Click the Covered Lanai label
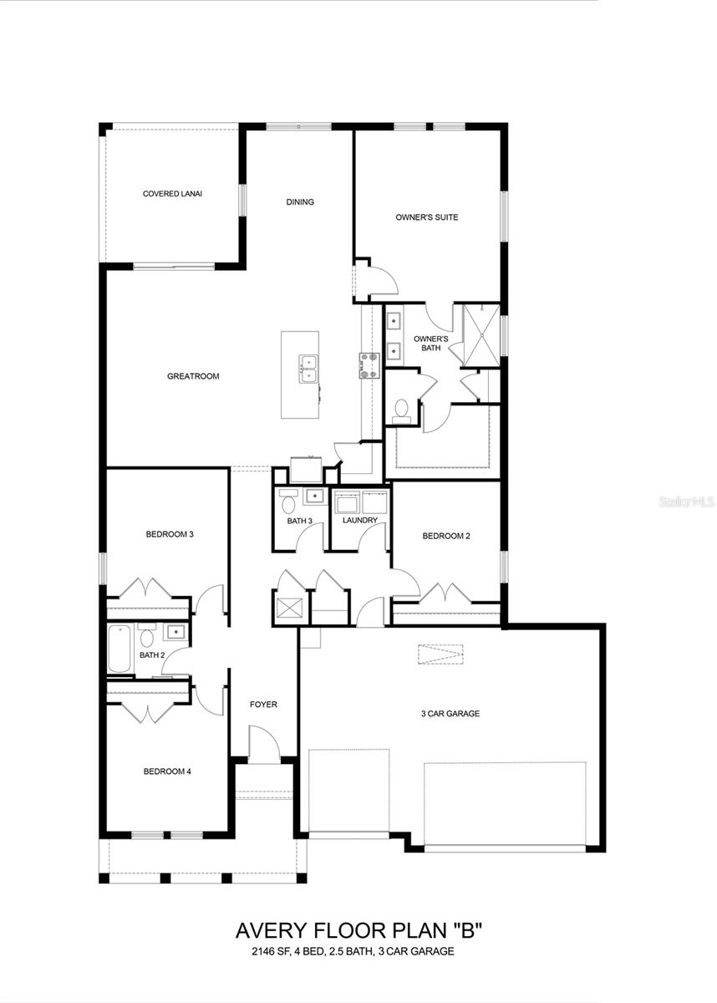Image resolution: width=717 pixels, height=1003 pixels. (x=172, y=193)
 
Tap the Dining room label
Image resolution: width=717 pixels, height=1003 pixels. (x=300, y=201)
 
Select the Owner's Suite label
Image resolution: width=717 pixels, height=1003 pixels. (x=426, y=217)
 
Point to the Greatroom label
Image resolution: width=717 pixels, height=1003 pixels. (x=193, y=376)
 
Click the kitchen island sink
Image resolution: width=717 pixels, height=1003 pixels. (x=308, y=367)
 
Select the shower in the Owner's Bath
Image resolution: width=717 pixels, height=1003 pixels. (x=481, y=335)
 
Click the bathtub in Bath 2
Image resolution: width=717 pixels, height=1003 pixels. (x=119, y=648)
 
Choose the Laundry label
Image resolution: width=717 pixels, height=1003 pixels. (x=360, y=520)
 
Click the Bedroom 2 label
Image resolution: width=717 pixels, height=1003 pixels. (x=445, y=536)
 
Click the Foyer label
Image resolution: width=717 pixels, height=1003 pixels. (x=263, y=705)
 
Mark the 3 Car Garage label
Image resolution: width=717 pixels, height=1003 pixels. (x=450, y=714)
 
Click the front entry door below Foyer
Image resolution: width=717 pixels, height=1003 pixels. (x=264, y=746)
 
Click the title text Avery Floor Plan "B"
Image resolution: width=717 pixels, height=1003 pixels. (x=359, y=930)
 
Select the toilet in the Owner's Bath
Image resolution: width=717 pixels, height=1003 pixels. (x=401, y=410)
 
